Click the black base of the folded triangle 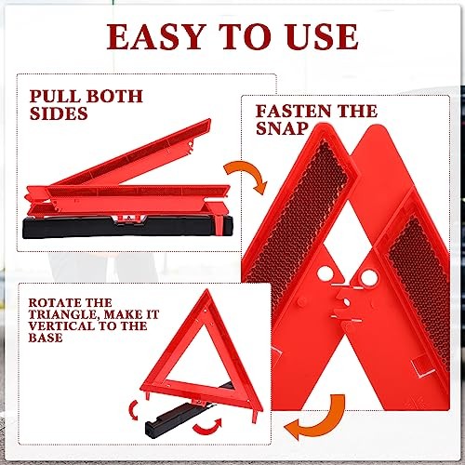pos(112,228)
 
